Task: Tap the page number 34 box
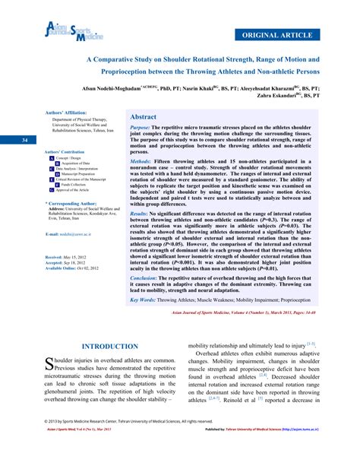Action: [x=25, y=140]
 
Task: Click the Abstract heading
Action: [x=144, y=118]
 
